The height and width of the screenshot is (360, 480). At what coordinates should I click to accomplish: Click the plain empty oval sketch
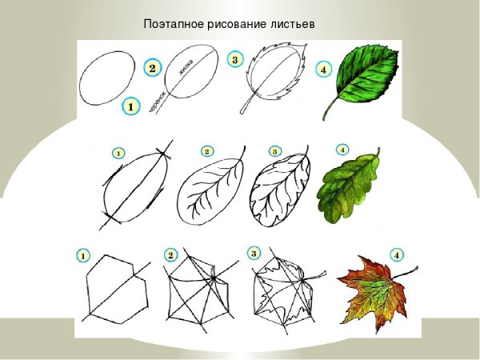[x=107, y=78]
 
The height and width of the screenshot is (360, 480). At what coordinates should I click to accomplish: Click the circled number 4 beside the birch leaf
[x=323, y=69]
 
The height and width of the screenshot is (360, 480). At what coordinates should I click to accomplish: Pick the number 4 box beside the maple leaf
[x=398, y=254]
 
